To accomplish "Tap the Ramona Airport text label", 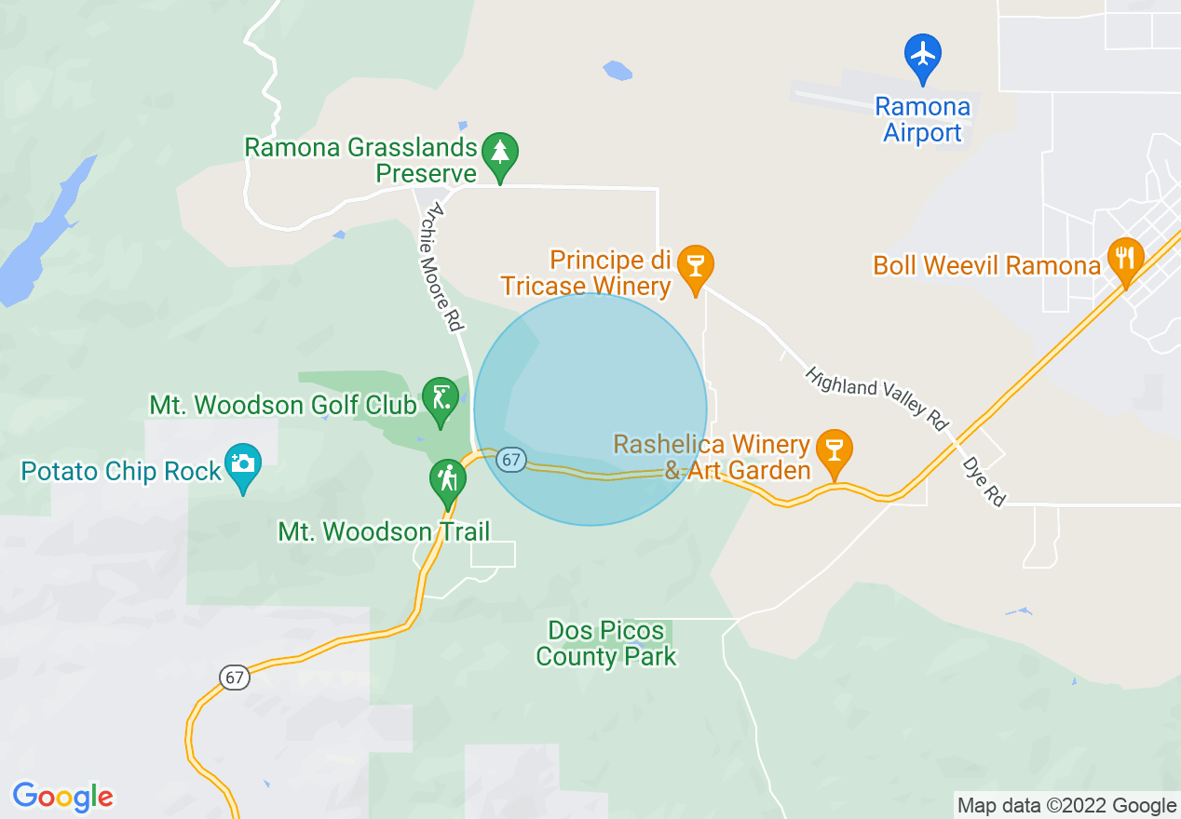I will click(922, 120).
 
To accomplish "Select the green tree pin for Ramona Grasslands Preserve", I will click(501, 154).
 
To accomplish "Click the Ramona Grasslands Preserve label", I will click(360, 160).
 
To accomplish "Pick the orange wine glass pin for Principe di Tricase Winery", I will click(694, 266).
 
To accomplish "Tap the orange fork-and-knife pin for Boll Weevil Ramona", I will click(1125, 259).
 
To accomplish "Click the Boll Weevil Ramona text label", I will click(986, 266).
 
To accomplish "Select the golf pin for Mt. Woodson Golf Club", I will click(440, 398).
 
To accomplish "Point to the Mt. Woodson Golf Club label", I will click(282, 406).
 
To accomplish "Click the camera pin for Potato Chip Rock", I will click(243, 464).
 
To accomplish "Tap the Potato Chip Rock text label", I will click(121, 471).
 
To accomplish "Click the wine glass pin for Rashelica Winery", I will click(834, 450).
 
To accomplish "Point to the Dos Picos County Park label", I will click(606, 643).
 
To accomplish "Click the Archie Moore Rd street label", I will click(440, 270).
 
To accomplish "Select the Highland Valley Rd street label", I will click(876, 398).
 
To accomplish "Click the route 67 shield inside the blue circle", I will click(509, 460).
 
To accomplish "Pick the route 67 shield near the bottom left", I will click(235, 678).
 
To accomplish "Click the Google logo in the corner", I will click(62, 797).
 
